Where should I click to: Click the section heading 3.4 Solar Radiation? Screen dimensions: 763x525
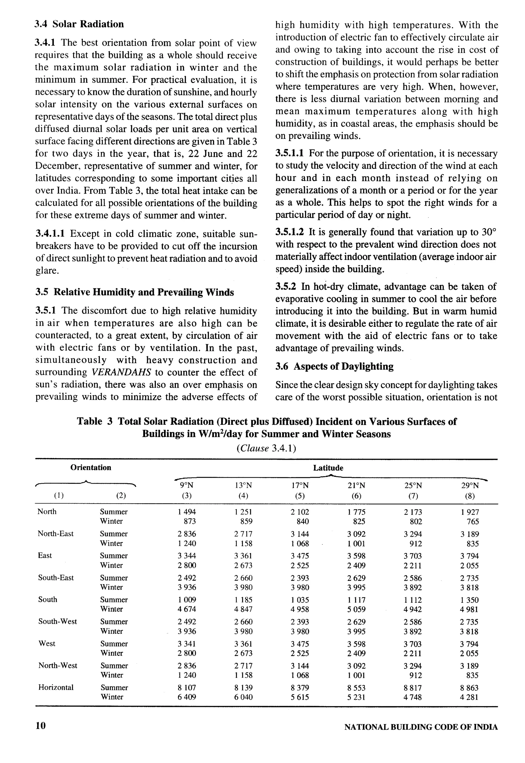click(x=79, y=24)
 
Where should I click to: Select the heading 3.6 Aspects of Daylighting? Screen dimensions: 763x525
click(x=334, y=366)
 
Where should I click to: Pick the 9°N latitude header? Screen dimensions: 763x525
click(x=187, y=486)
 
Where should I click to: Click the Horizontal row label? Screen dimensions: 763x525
click(x=56, y=687)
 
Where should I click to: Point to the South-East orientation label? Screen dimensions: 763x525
click(x=56, y=578)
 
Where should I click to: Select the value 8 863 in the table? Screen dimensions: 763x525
click(x=469, y=688)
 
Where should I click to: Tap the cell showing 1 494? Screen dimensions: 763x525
click(x=187, y=512)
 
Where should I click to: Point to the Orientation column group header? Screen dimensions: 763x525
click(x=91, y=468)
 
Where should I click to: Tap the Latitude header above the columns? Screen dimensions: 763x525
click(x=328, y=468)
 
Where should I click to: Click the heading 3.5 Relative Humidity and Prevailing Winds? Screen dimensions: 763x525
click(x=135, y=292)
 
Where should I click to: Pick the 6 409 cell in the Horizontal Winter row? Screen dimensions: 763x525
click(x=187, y=697)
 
